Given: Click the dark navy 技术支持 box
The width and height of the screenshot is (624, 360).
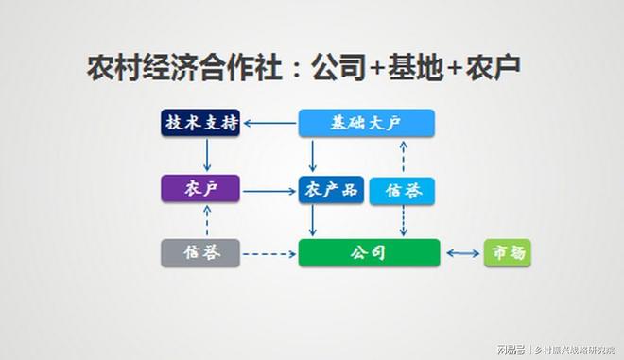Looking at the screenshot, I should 199,123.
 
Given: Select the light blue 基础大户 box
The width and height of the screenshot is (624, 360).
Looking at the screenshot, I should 366,123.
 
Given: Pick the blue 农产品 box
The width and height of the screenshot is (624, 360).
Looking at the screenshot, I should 330,190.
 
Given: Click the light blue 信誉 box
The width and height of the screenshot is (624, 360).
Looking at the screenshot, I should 402,191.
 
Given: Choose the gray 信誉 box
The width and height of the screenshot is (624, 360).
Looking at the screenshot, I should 199,252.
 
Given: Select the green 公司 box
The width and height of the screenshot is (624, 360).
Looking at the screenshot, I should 369,252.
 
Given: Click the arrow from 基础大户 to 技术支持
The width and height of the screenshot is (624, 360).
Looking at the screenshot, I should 269,123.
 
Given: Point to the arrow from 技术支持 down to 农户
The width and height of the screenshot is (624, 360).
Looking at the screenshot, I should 206,154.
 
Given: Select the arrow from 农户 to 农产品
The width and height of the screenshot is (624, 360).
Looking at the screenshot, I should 269,190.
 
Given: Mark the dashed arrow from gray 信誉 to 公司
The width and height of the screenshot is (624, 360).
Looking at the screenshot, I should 269,252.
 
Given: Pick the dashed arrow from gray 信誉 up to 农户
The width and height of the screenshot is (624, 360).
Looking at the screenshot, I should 206,220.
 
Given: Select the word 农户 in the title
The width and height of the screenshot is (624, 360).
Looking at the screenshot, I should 491,68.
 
